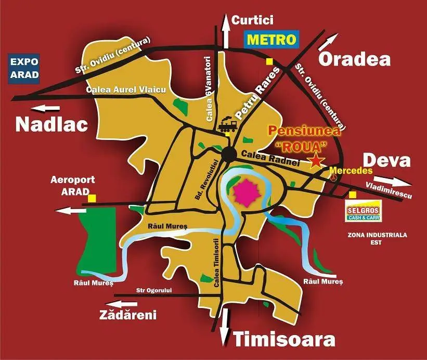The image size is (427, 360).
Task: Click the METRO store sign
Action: pos(271,39)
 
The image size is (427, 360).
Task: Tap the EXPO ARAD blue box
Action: pos(24,68)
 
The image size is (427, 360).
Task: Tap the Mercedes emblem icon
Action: pos(334,177)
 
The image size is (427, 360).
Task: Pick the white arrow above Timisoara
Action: pos(225,326)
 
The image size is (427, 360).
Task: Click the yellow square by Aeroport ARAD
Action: pos(92,198)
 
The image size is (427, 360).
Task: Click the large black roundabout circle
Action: pos(229,155)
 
